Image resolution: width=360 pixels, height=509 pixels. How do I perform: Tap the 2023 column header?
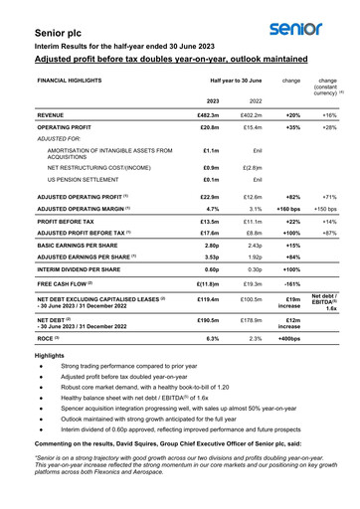click(212, 100)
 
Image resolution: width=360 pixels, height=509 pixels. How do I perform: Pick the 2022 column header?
click(256, 100)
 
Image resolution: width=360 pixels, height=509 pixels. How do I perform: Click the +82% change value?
click(292, 201)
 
